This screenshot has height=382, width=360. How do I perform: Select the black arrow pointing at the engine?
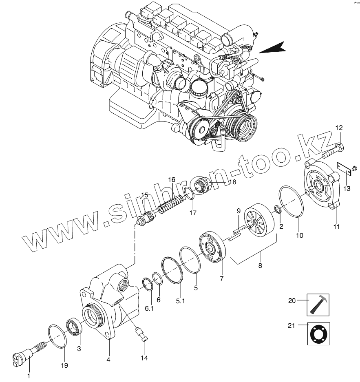[272, 48]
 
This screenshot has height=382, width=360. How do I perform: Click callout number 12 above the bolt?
[339, 128]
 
